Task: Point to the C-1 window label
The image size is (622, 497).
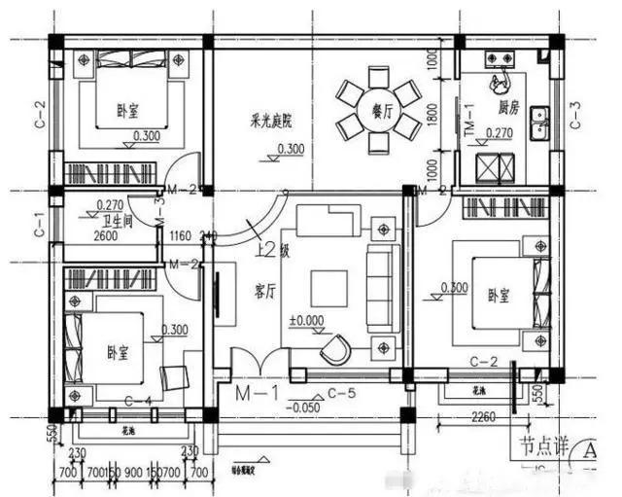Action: click(x=39, y=225)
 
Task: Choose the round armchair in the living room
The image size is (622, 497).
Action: click(x=338, y=346)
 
